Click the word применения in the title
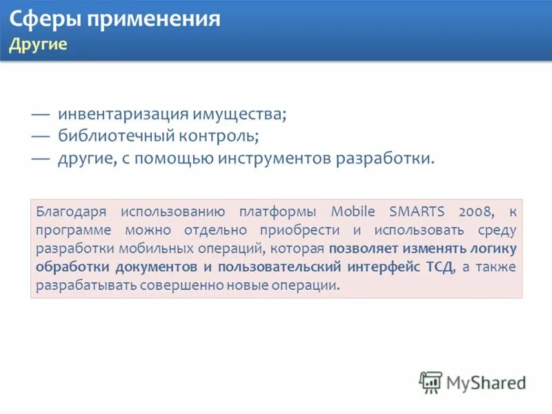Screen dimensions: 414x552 point(152,19)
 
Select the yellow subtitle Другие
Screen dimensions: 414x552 point(38,45)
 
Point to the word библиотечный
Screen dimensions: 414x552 point(111,137)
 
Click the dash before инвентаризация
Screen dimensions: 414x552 point(41,115)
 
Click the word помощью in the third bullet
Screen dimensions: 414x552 point(177,159)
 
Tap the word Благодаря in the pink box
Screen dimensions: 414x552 point(70,211)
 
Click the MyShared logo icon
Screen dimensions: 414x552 point(431,382)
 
